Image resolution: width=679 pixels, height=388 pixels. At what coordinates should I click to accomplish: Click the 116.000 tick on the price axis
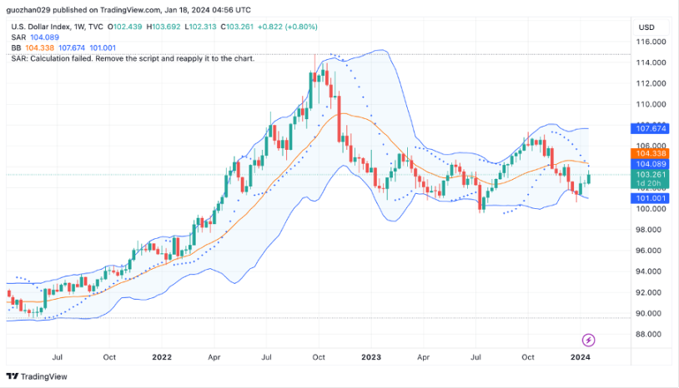pos(651,42)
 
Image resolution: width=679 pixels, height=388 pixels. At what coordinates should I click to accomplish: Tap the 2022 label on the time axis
pos(162,357)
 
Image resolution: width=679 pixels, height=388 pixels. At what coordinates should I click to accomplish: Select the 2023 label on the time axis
pos(371,357)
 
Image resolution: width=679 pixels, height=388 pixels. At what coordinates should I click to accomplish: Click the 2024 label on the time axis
pos(581,357)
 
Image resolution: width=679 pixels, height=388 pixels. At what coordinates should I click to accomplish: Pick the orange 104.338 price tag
pos(650,153)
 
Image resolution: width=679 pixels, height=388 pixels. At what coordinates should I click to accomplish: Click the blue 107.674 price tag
pos(650,128)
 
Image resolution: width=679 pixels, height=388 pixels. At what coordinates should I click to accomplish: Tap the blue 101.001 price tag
pos(650,198)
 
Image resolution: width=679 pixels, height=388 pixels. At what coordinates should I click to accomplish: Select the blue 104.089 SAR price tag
pos(650,164)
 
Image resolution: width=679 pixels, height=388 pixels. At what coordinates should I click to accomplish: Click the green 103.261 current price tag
pos(650,175)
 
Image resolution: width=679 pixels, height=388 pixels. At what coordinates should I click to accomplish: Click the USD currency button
pos(646,27)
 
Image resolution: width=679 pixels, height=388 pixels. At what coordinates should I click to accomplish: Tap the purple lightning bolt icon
pos(588,340)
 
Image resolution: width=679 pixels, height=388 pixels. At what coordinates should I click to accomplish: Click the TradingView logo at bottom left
pos(37,376)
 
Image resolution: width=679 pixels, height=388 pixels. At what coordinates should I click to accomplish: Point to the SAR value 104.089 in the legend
pos(44,37)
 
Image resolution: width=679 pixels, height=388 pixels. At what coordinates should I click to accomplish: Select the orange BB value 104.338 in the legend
pos(40,48)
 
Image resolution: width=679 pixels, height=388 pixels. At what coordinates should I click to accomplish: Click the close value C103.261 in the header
pos(237,27)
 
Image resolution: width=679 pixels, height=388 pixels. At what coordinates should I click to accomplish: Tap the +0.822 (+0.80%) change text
pos(288,27)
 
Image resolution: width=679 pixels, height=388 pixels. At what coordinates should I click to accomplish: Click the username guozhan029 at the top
pos(28,10)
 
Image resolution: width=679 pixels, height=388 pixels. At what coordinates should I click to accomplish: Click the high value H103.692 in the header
pos(163,27)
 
